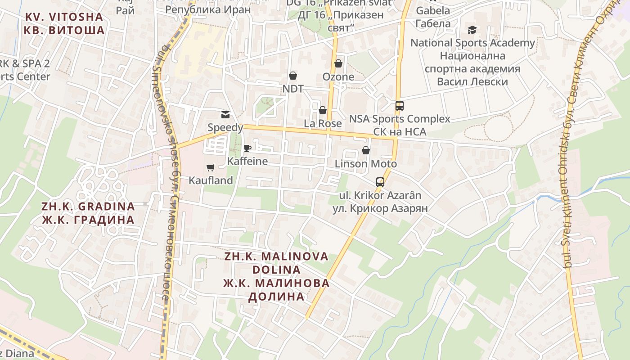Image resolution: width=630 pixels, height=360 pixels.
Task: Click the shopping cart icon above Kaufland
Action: (210, 168)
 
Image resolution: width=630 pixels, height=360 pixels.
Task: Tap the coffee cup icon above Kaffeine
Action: (247, 148)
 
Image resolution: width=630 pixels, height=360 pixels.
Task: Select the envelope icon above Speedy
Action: (225, 115)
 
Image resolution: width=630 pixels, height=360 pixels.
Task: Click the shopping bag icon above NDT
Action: (293, 76)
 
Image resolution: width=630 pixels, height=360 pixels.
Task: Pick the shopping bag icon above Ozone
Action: (338, 64)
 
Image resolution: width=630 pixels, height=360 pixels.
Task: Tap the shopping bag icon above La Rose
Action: (323, 110)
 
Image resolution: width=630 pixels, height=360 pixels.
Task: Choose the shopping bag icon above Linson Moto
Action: (366, 150)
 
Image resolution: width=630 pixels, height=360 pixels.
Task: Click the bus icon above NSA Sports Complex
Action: (399, 106)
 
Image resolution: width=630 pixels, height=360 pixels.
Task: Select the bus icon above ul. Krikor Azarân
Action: (380, 182)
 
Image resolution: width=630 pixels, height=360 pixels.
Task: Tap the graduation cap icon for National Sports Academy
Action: (472, 30)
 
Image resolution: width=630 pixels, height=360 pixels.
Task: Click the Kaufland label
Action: (211, 180)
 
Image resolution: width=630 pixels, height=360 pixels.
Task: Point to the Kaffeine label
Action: (247, 161)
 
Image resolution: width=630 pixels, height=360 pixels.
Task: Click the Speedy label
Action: (225, 127)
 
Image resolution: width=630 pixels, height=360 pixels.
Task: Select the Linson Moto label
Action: (366, 163)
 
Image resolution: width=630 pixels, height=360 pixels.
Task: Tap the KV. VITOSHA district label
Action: (64, 17)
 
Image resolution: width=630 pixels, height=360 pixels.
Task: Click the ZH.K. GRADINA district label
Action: (88, 207)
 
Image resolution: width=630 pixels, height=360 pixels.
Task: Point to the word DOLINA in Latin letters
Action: (276, 270)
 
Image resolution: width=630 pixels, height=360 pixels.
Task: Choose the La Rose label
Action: (323, 123)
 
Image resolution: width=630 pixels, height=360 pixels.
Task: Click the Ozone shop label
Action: (338, 77)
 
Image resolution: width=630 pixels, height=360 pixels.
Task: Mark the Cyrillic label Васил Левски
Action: (472, 82)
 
